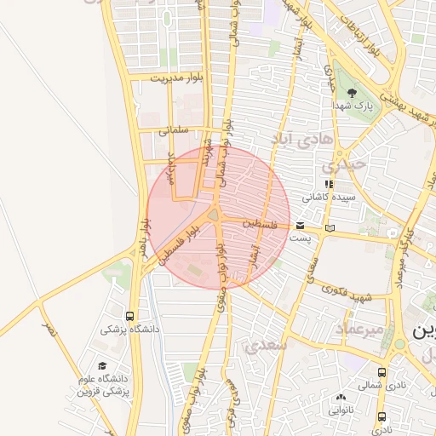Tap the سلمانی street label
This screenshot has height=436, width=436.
coord(173,130)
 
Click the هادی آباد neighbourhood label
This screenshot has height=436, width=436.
coord(294,138)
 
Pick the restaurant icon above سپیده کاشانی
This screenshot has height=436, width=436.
coord(329,183)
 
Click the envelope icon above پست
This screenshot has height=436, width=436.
coord(300,226)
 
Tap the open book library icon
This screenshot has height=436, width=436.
coord(330,227)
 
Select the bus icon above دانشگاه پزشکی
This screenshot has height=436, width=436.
coord(129,314)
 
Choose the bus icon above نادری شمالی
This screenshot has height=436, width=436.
coord(381,372)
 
